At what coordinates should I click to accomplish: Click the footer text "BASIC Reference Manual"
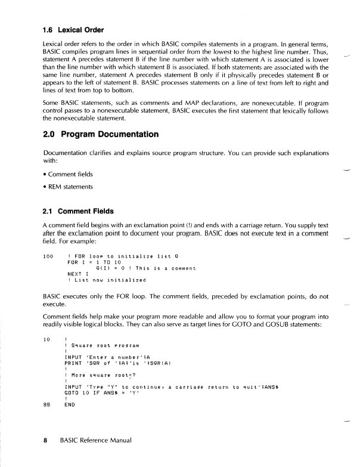pos(95,442)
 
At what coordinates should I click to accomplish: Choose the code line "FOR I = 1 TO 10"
pos(90,262)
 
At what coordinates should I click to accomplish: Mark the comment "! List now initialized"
pos(107,280)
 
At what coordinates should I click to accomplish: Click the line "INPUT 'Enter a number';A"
pos(102,357)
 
